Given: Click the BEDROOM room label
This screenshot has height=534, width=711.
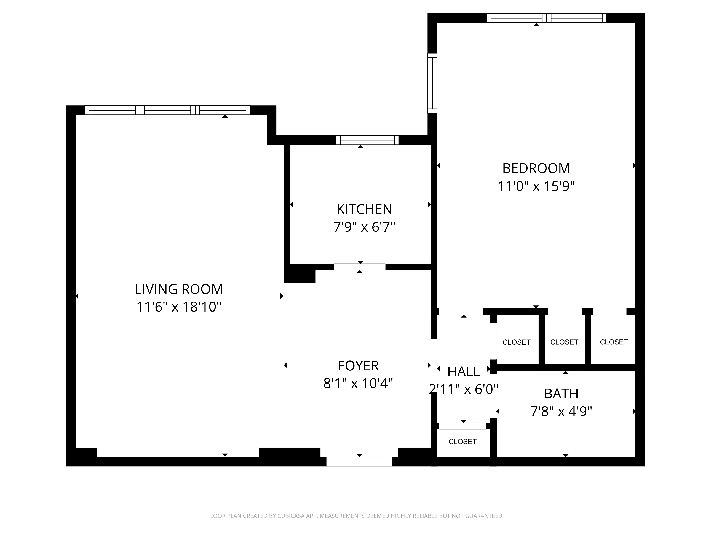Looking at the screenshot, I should [536, 168].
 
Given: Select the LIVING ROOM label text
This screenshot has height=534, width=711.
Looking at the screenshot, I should [179, 289].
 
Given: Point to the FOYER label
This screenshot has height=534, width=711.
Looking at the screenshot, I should [358, 366].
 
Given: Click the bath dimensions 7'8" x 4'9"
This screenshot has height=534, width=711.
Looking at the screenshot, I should [561, 411].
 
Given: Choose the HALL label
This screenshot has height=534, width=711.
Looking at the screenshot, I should [464, 372].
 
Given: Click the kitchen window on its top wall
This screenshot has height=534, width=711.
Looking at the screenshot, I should [367, 140].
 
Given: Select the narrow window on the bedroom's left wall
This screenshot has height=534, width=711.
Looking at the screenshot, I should [432, 83].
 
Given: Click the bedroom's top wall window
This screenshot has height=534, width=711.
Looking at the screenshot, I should [546, 18].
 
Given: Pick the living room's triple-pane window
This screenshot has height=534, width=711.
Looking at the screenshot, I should [167, 110].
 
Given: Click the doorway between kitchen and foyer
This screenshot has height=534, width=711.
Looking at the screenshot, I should [359, 267].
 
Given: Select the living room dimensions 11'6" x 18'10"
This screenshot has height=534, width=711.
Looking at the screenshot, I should [179, 307].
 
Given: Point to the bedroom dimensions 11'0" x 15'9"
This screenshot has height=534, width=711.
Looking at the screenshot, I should [536, 186].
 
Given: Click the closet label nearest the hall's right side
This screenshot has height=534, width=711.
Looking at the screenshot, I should [516, 342].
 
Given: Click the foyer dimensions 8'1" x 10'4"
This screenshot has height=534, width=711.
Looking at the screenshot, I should [358, 383].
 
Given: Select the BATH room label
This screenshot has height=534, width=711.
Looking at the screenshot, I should [561, 394].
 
